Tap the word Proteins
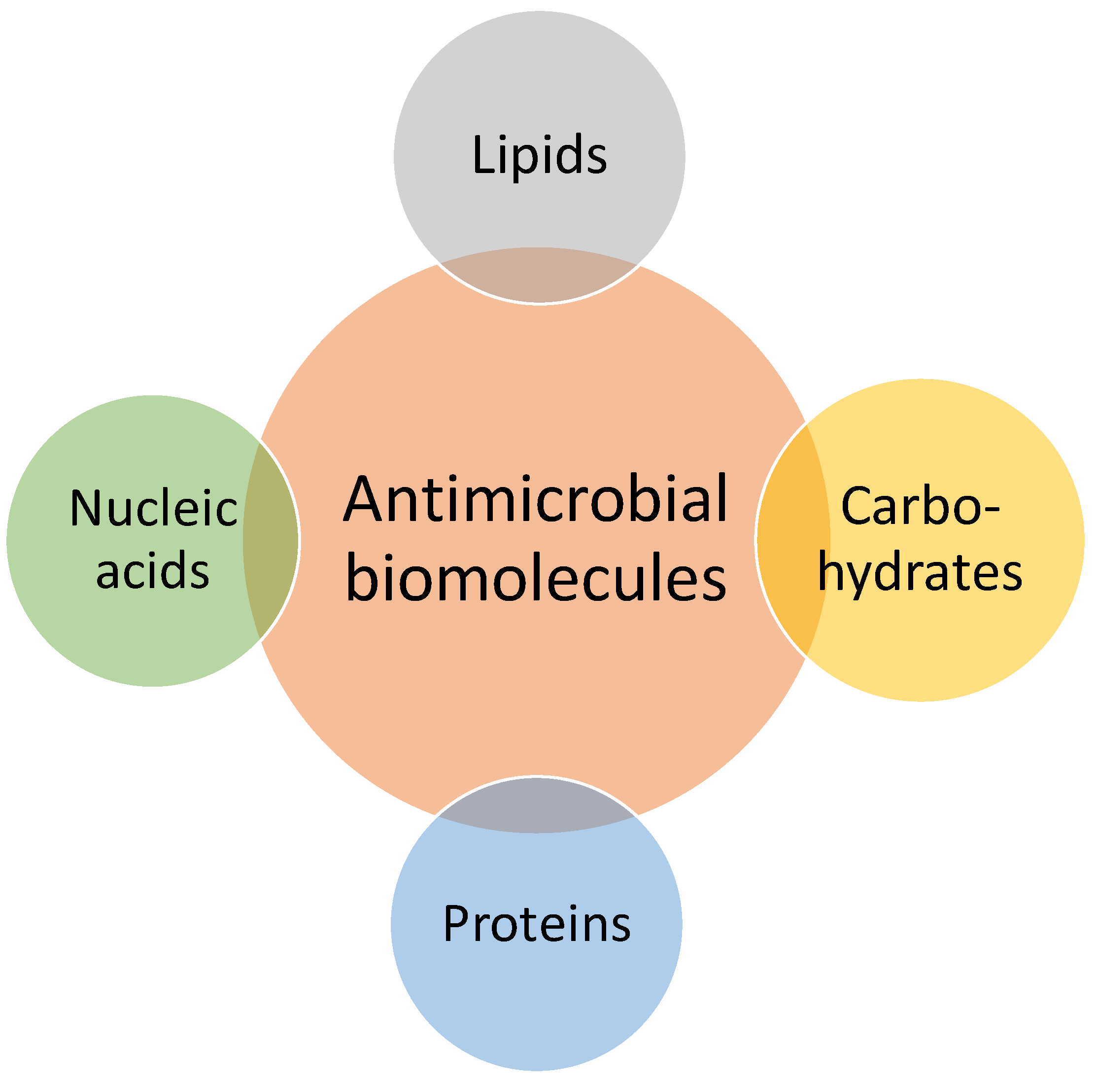pos(536,925)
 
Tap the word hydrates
pos(920,573)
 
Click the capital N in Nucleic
pos(86,508)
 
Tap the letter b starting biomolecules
pos(361,577)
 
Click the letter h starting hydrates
pos(830,573)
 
